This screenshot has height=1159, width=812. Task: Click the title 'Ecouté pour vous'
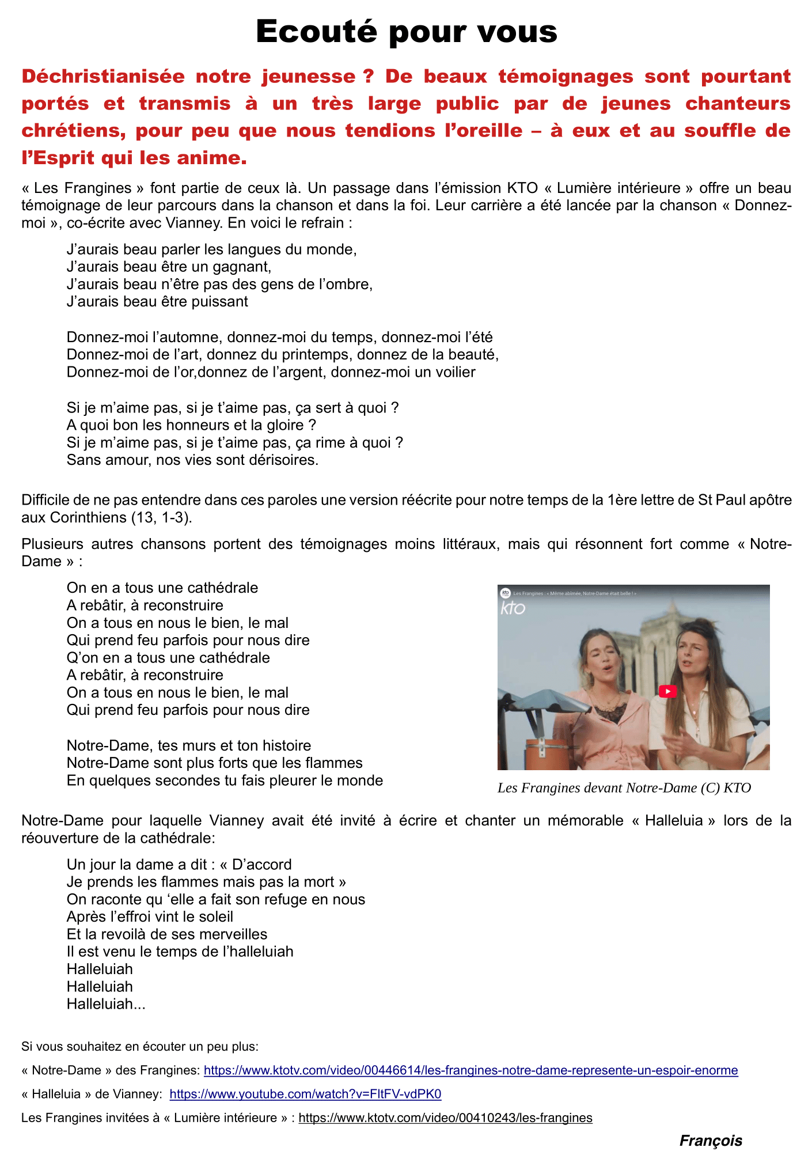(x=406, y=31)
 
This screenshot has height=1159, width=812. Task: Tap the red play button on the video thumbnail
(x=667, y=691)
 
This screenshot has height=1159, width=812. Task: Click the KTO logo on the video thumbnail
(x=512, y=608)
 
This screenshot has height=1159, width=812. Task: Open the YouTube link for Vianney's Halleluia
(x=305, y=1094)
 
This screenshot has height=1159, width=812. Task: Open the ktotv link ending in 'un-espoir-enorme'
(x=470, y=1070)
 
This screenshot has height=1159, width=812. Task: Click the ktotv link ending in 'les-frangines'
(x=445, y=1118)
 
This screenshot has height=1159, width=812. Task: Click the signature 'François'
(x=711, y=1141)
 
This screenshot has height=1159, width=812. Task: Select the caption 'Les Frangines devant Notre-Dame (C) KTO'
(x=624, y=788)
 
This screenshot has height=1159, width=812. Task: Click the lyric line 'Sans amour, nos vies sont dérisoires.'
(x=192, y=460)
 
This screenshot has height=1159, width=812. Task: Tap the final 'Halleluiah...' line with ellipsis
(x=106, y=1004)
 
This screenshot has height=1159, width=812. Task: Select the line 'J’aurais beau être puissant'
(x=157, y=302)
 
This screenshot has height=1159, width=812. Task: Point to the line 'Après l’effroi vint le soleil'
(x=150, y=916)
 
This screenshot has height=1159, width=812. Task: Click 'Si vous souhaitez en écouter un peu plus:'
(x=140, y=1046)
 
